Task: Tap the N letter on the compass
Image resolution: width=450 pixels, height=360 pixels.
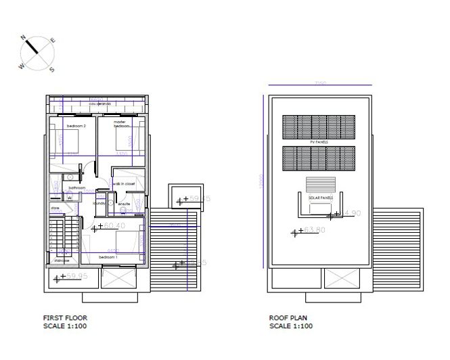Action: click(x=22, y=38)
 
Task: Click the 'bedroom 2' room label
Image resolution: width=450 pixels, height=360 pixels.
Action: click(x=76, y=126)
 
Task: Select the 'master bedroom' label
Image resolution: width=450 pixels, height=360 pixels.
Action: click(x=120, y=124)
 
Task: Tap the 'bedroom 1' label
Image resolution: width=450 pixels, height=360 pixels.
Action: click(x=109, y=257)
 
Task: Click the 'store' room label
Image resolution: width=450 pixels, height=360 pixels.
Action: click(x=55, y=208)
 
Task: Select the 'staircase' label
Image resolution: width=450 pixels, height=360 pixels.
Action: click(x=62, y=259)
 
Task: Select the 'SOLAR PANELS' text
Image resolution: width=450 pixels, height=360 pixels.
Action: click(x=321, y=198)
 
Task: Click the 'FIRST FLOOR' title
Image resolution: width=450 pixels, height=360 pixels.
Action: click(x=65, y=317)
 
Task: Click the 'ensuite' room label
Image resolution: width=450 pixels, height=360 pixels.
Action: click(x=124, y=203)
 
